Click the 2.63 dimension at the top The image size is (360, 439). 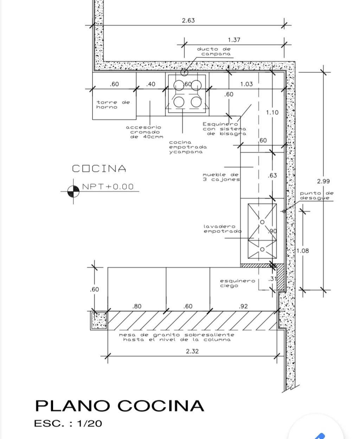tap(188, 20)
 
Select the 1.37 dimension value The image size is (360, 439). tap(234, 40)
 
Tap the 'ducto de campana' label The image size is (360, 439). tap(214, 52)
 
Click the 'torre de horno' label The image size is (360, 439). tap(113, 105)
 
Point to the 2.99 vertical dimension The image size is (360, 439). tap(323, 181)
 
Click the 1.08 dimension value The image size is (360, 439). tap(302, 251)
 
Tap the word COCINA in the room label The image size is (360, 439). tap(99, 169)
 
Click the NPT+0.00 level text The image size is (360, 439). tap(108, 187)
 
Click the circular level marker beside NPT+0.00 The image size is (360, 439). tap(73, 191)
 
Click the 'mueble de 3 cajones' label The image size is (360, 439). tap(221, 177)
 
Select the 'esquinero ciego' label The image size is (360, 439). tap(237, 283)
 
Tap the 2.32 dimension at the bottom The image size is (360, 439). tap(192, 351)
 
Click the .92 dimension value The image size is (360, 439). tap(243, 306)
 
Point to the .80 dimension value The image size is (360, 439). tap(137, 306)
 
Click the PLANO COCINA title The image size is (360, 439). tap(120, 406)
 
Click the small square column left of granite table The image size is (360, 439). tap(99, 321)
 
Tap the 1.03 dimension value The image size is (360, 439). tap(246, 84)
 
